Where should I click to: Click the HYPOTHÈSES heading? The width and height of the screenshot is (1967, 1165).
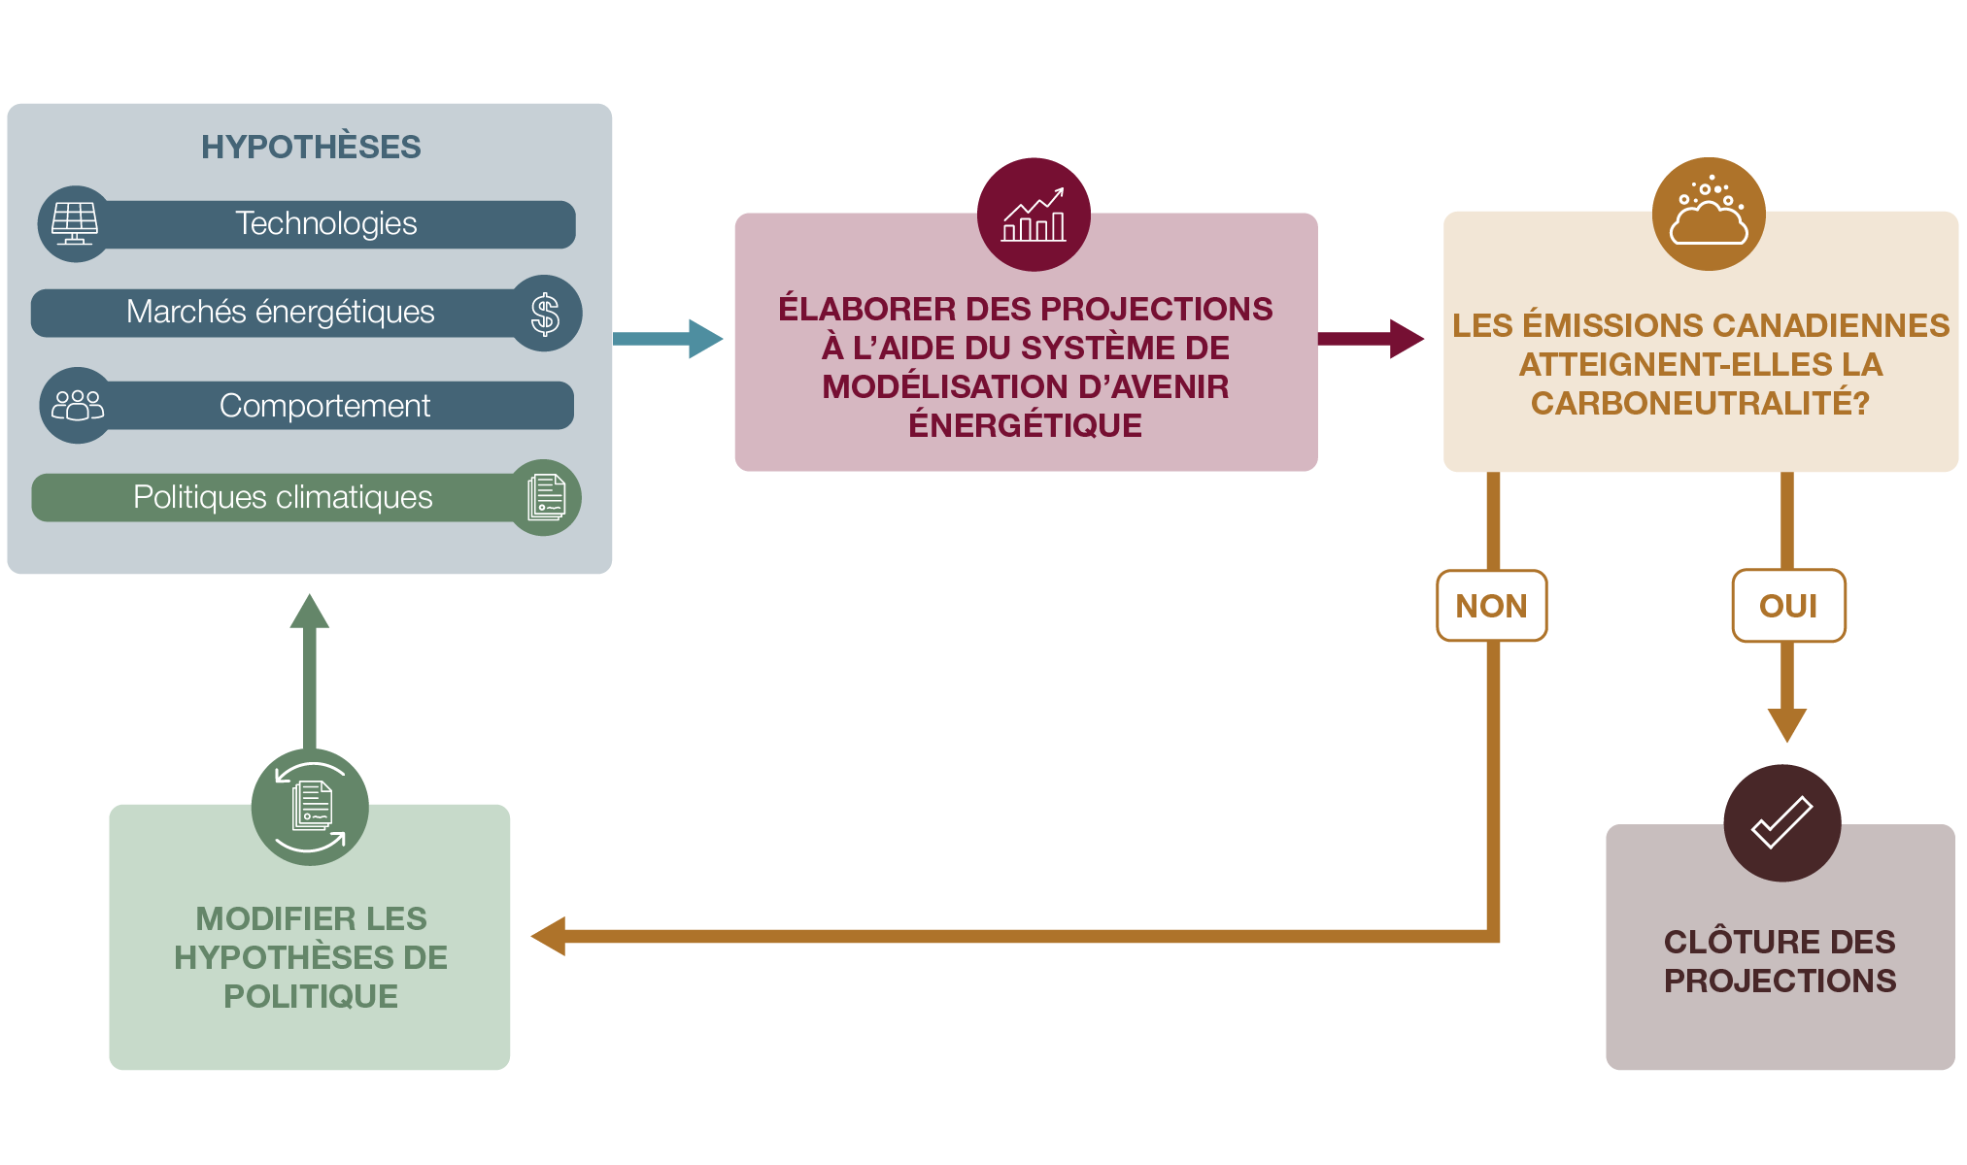[311, 147]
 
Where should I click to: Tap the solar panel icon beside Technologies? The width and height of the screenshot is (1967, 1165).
[75, 224]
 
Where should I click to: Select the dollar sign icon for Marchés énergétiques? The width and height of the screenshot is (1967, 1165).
[545, 314]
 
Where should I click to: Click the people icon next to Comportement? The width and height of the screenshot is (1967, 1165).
[77, 405]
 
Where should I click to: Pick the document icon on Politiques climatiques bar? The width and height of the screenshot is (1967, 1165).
[546, 497]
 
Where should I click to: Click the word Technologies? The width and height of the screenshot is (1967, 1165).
[325, 223]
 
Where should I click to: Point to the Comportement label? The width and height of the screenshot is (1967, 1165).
[324, 405]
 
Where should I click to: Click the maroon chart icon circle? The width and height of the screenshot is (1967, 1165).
[1034, 215]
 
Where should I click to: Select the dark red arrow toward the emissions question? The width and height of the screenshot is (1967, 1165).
[1370, 338]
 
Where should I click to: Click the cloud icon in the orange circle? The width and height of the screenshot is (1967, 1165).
[1708, 215]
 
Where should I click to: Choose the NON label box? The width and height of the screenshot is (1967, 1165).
[1491, 606]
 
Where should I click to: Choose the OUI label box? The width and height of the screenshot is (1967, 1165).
[1787, 606]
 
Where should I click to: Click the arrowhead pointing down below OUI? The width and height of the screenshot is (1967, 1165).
[1786, 723]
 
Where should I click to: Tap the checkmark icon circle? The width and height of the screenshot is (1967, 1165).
[1781, 822]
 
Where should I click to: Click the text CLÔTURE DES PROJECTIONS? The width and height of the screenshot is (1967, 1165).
[1780, 961]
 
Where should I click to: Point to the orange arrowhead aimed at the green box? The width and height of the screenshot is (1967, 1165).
[550, 936]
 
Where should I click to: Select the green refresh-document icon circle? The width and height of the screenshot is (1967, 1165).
[310, 807]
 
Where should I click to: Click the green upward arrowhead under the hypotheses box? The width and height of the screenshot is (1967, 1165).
[310, 613]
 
